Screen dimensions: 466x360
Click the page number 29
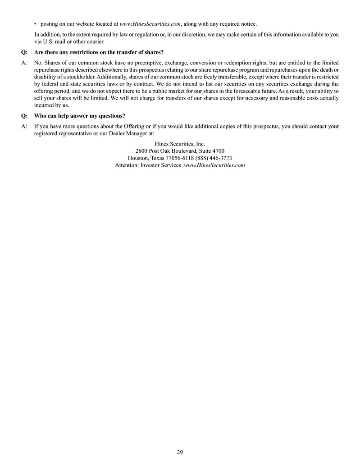[180, 452]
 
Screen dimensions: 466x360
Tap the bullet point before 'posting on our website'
[36, 24]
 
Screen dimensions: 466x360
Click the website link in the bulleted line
[150, 24]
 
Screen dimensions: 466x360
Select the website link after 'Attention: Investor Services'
[214, 165]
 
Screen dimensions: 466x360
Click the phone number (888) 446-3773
[214, 158]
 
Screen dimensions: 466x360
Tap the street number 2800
[141, 151]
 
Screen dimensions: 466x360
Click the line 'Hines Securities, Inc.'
[180, 144]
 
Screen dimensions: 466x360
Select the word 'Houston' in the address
[137, 158]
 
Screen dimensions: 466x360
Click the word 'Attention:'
[127, 165]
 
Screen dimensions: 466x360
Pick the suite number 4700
[218, 151]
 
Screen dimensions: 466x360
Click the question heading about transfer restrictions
[99, 52]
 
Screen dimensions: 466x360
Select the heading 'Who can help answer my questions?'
[80, 116]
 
